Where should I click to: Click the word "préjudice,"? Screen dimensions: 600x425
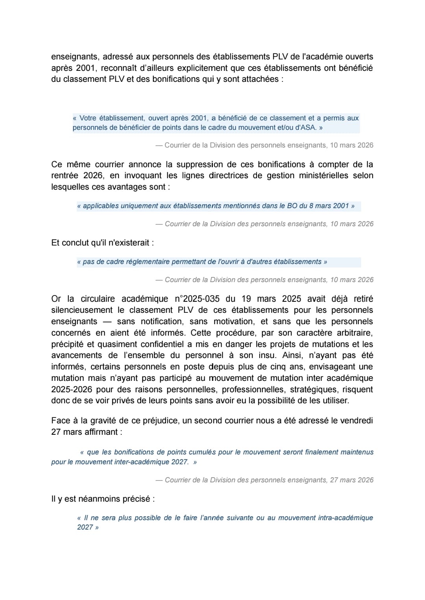[160, 421]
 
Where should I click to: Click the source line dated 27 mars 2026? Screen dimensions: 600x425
[264, 480]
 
